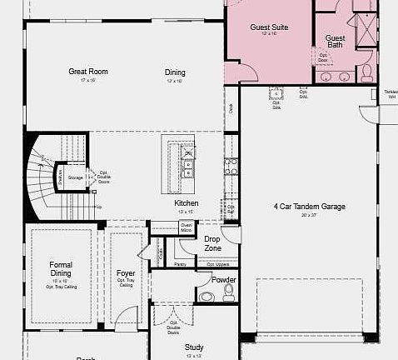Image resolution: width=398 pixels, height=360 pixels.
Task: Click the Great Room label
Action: click(88, 72)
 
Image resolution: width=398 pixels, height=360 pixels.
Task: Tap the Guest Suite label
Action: click(269, 27)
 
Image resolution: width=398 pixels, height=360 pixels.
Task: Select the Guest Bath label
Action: click(335, 41)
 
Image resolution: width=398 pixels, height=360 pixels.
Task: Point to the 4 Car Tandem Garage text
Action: click(308, 207)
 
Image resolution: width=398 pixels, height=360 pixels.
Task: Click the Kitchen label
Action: click(187, 203)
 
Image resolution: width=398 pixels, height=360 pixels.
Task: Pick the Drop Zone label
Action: click(212, 243)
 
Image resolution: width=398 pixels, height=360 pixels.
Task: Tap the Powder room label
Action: click(224, 280)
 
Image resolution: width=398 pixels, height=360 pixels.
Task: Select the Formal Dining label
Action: click(61, 269)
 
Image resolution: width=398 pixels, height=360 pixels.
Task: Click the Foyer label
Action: click(126, 272)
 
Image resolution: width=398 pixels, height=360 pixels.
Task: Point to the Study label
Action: click(194, 347)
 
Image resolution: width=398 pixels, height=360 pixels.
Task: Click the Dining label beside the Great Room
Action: click(175, 72)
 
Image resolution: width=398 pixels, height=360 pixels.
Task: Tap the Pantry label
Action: click(181, 264)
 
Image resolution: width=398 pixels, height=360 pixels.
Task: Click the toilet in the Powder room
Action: click(206, 296)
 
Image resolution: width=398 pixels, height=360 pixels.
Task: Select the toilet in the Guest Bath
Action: click(366, 73)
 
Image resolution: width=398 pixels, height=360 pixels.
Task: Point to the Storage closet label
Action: click(76, 177)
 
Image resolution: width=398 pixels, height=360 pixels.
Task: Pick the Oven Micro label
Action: click(187, 226)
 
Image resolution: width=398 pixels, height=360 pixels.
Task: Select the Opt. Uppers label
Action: click(217, 264)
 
